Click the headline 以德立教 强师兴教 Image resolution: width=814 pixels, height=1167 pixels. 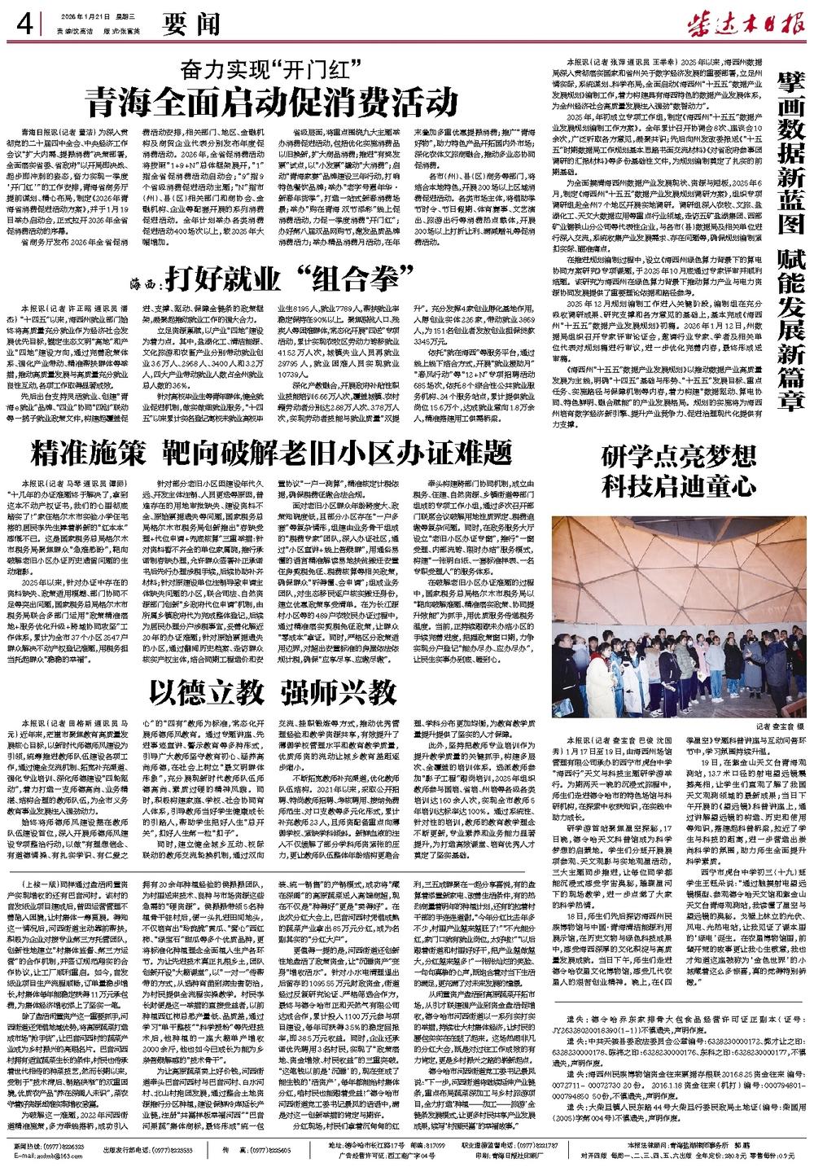pos(269,692)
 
